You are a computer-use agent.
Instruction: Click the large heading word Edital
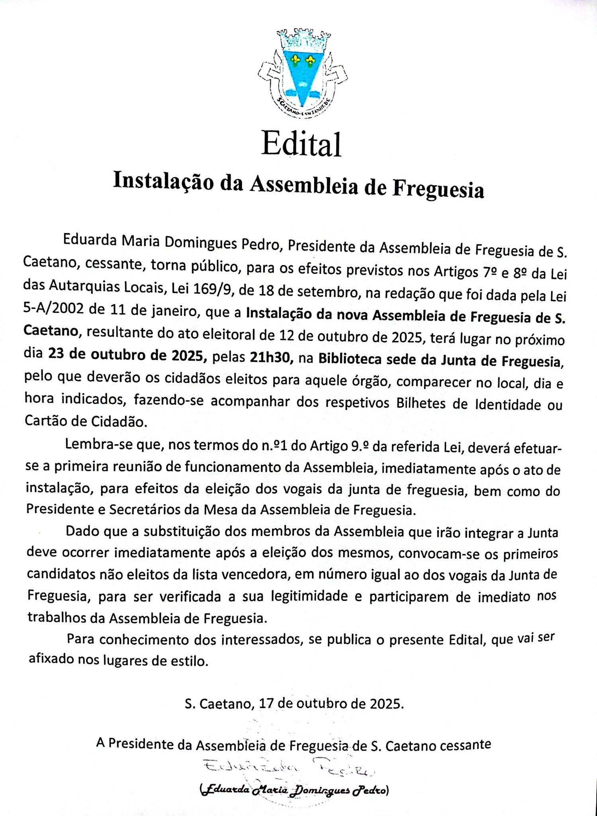click(301, 144)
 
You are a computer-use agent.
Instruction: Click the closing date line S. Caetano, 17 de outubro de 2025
click(294, 704)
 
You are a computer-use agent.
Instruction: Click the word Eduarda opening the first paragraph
click(90, 241)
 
